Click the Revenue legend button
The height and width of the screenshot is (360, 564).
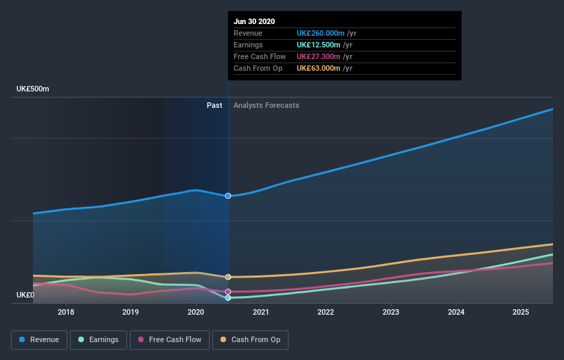[x=40, y=339]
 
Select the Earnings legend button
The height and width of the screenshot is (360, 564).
[x=98, y=339]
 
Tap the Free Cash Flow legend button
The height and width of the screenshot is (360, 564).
[x=170, y=339]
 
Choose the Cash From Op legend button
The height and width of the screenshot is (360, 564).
[x=251, y=339]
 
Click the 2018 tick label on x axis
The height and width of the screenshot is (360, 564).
[x=66, y=312]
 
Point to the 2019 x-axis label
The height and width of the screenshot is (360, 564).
[x=131, y=312]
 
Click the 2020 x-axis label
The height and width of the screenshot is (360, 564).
[x=196, y=312]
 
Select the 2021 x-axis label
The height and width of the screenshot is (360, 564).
[x=261, y=312]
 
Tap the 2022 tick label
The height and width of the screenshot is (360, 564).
[x=326, y=312]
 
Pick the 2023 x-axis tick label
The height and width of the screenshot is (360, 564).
[x=391, y=312]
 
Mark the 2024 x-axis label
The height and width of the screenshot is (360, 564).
[x=455, y=312]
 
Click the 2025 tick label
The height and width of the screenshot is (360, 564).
[x=521, y=312]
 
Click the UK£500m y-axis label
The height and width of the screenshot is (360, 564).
[x=33, y=89]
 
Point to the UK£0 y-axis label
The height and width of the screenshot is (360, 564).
[x=25, y=295]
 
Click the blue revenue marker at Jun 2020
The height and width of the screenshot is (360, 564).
[x=228, y=196]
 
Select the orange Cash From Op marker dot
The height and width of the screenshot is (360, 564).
[x=228, y=277]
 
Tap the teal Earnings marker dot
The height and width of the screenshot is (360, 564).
[x=228, y=298]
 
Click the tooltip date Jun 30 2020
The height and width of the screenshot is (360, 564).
[x=254, y=21]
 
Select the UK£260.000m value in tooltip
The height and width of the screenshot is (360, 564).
[x=321, y=33]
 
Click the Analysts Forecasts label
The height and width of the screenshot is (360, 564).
[x=267, y=105]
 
